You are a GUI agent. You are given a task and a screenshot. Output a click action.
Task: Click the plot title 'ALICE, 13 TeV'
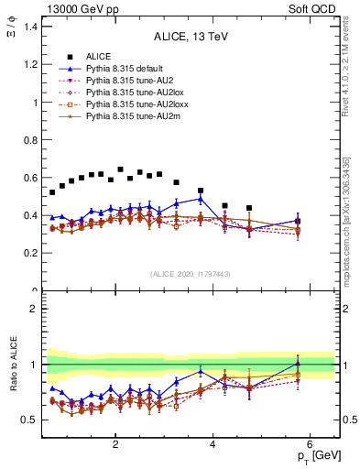pos(190,38)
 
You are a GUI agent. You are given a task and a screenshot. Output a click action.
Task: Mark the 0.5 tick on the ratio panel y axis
pos(31,420)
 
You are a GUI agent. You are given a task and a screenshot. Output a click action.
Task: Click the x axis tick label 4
pos(213,444)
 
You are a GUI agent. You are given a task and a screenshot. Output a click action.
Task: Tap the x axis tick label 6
pos(311,444)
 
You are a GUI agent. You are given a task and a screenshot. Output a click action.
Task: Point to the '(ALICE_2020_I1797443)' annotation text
pos(190,274)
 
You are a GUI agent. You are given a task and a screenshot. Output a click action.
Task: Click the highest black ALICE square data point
pos(120,169)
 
